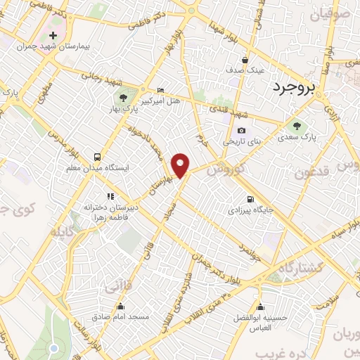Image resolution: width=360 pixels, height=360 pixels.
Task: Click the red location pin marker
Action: click(181, 165)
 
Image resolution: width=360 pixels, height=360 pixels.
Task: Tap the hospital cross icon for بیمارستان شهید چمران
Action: click(53, 35)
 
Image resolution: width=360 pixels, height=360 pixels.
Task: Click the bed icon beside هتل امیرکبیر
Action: click(161, 90)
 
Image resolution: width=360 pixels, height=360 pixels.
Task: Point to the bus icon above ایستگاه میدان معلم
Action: click(96, 156)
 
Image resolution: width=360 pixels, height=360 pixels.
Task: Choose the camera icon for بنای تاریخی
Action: click(242, 130)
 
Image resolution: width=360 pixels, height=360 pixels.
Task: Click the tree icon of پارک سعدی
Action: click(296, 127)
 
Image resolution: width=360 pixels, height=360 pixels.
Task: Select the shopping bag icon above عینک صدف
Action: click(244, 60)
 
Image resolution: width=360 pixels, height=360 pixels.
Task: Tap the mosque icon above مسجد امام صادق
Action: click(121, 306)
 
